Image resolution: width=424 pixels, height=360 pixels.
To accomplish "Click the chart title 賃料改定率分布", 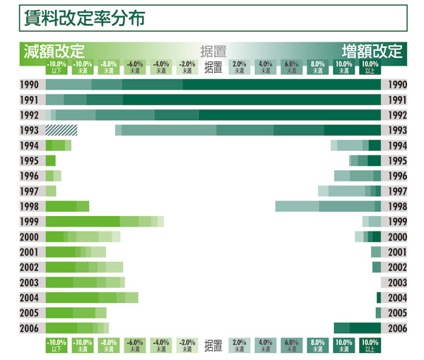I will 84,17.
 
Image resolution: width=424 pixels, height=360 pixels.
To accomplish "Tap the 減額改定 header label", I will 54,52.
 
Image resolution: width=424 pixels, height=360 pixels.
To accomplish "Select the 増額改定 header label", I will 372,52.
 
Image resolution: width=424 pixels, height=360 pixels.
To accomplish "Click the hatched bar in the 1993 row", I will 61,130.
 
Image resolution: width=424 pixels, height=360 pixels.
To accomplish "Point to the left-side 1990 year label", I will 29,85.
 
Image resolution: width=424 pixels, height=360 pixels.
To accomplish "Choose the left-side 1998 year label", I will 29,206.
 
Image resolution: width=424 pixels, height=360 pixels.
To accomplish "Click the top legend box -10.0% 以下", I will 57,67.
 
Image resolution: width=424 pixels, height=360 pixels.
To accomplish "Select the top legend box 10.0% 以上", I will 370,67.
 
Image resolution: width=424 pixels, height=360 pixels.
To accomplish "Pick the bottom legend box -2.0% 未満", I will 187,345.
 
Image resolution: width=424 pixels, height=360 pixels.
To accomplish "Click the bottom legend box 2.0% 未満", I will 239,345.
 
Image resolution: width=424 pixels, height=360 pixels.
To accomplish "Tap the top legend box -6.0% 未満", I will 135,67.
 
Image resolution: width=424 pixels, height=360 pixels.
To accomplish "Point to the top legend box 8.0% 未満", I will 317,67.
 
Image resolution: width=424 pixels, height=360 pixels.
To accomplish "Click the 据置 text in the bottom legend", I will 213,346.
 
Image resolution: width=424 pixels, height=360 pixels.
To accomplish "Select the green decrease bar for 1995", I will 50,161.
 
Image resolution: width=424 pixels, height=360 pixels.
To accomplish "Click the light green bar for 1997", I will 51,191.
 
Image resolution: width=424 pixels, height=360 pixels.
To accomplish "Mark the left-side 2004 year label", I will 29,297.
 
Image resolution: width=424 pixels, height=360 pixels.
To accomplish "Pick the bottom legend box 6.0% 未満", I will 291,345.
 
